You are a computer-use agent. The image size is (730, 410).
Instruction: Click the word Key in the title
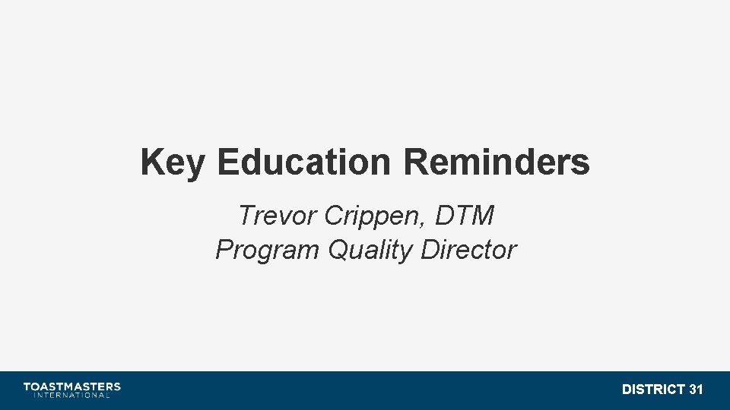(x=172, y=163)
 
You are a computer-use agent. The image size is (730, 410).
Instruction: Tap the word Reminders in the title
(x=497, y=162)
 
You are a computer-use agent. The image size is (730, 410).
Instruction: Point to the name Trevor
(x=277, y=216)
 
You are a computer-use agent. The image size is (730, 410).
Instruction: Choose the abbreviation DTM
(x=465, y=216)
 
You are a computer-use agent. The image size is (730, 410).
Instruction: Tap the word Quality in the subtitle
(x=370, y=251)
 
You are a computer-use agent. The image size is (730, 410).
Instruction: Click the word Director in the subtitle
(x=468, y=250)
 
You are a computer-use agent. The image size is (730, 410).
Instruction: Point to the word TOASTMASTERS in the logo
(x=71, y=386)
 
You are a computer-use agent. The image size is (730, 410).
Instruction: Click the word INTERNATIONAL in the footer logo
(x=71, y=395)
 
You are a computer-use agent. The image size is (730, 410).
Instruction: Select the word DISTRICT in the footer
(x=652, y=389)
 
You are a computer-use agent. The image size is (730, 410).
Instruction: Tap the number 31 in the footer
(x=695, y=389)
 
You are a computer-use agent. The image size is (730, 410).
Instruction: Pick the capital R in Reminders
(x=415, y=162)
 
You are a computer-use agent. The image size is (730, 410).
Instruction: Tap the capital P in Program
(x=224, y=250)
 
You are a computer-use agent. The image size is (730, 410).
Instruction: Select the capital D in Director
(x=428, y=250)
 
